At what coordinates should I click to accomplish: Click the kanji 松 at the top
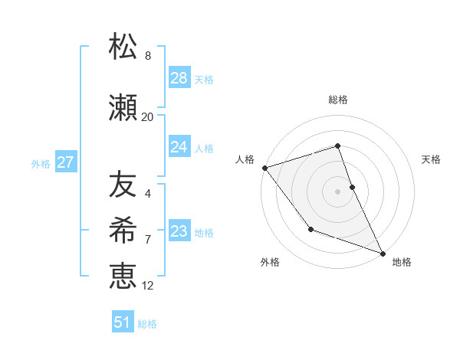[123, 47]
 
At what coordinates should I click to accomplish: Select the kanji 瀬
[123, 108]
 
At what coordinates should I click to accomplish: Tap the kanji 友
[123, 185]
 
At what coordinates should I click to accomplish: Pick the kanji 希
[123, 230]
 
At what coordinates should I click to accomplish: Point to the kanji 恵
[123, 276]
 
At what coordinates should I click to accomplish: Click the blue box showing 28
[179, 78]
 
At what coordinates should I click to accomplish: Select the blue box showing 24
[179, 147]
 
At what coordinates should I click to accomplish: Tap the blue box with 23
[179, 231]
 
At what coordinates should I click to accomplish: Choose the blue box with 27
[65, 162]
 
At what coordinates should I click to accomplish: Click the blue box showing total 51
[123, 322]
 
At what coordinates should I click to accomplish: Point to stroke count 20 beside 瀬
[147, 117]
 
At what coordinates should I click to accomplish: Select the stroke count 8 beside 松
[147, 56]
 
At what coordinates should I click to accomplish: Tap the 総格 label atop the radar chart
[338, 100]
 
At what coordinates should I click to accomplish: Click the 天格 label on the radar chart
[432, 159]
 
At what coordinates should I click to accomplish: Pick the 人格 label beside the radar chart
[245, 159]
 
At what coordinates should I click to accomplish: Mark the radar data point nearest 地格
[383, 253]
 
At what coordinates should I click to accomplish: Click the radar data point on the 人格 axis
[264, 167]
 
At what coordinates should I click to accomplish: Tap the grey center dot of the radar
[337, 191]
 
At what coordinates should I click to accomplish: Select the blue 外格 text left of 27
[41, 163]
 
